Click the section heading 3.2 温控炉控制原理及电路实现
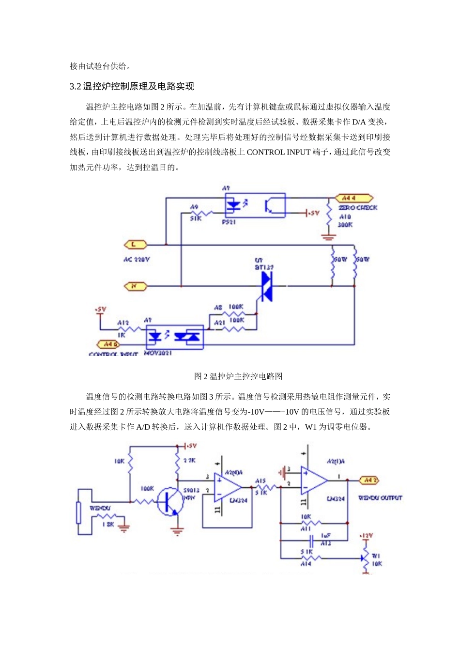coord(132,87)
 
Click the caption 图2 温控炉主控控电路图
coord(238,376)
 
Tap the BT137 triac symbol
coord(266,286)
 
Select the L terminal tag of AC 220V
coord(135,245)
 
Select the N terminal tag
coord(135,286)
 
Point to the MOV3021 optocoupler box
coord(175,337)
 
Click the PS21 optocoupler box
coord(255,205)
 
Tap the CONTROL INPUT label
coord(113,355)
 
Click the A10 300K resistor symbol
coord(329,217)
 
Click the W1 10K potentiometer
coord(366,558)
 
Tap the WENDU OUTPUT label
coord(380,498)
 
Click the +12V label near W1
coord(366,536)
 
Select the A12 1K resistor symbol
coord(128,329)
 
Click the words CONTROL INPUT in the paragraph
coord(278,152)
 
